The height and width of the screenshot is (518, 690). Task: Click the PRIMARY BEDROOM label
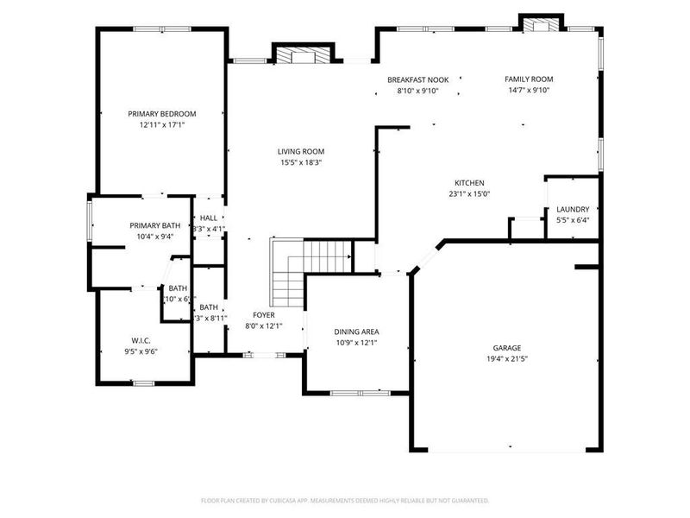(x=162, y=113)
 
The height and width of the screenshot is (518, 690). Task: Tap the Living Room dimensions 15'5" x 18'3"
(x=301, y=162)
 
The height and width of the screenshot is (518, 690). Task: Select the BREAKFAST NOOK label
(x=417, y=79)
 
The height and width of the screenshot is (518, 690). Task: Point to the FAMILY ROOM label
(x=528, y=79)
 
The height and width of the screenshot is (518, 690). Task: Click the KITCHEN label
(x=469, y=182)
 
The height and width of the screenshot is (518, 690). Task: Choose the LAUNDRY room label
(x=573, y=209)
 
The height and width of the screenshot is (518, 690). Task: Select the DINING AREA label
(x=356, y=332)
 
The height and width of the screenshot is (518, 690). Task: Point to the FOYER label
(x=263, y=315)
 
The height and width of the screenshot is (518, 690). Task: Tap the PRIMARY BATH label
(x=155, y=225)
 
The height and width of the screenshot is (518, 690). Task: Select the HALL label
(x=209, y=218)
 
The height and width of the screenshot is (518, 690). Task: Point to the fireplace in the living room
(x=302, y=54)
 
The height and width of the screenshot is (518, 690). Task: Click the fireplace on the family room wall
(x=541, y=24)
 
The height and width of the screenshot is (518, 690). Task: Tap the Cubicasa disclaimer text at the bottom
(x=345, y=500)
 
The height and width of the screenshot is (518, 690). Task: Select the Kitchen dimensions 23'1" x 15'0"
(x=469, y=193)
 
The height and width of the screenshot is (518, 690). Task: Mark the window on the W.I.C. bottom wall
(x=143, y=382)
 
